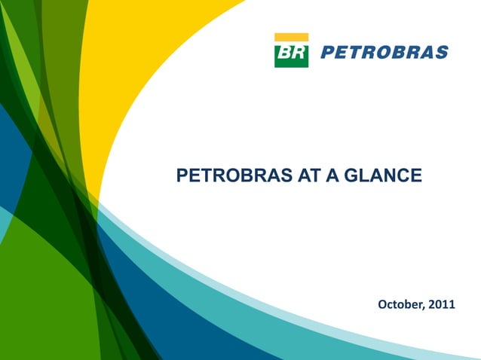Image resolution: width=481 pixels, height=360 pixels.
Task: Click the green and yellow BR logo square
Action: tap(291, 50)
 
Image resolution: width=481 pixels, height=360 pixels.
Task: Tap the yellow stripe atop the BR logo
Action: tap(291, 36)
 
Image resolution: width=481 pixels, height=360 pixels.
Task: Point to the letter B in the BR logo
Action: tap(285, 53)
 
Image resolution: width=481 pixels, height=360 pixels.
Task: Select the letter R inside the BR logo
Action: tap(298, 53)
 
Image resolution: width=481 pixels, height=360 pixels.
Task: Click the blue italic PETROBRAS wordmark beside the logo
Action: tap(384, 53)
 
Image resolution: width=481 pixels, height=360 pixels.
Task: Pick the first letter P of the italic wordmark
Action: tap(327, 53)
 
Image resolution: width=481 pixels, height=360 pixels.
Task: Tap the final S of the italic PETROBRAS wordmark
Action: tap(442, 53)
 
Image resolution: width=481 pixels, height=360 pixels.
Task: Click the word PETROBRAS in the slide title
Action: tap(223, 176)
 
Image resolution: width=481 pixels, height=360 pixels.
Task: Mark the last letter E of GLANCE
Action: tap(416, 176)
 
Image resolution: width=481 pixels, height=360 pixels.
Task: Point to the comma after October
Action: tap(423, 308)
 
